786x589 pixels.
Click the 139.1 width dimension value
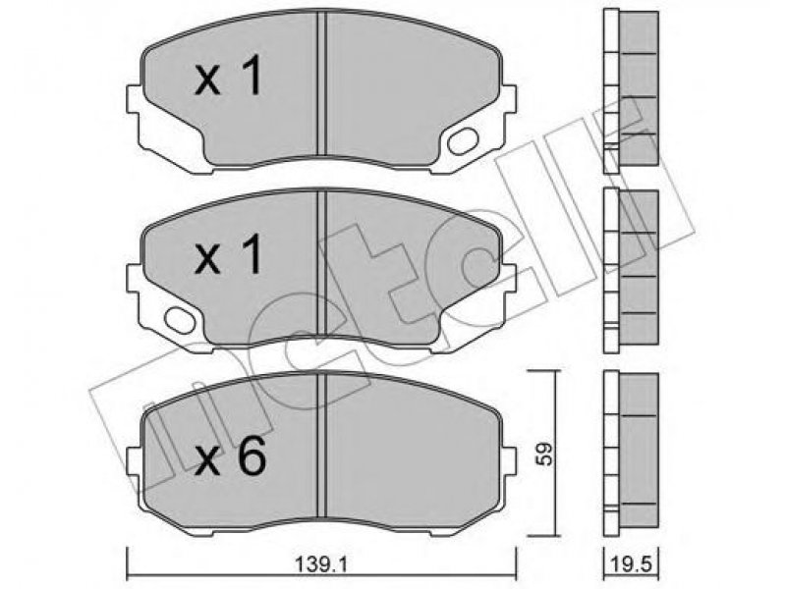coord(321,565)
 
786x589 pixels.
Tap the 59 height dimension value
coord(544,454)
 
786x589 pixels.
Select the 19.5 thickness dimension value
coord(631,565)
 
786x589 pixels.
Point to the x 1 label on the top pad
coord(229,76)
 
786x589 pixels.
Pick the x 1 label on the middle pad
coord(229,254)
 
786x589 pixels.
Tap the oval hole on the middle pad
coord(180,320)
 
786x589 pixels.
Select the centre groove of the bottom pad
coord(322,445)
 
